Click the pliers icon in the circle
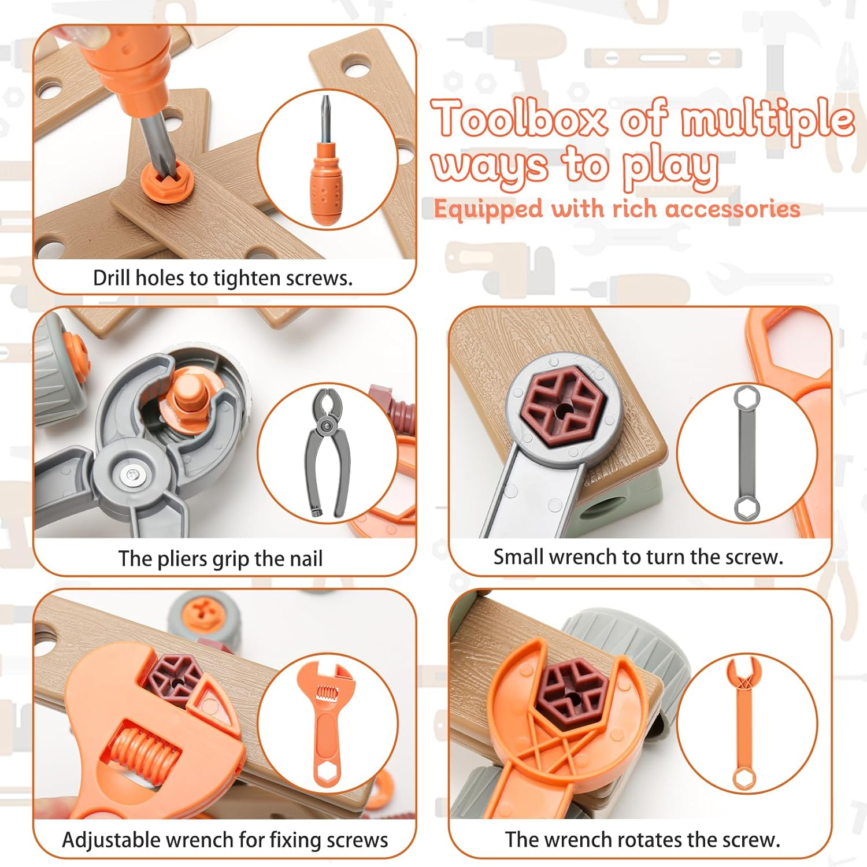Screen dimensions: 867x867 click(327, 453)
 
